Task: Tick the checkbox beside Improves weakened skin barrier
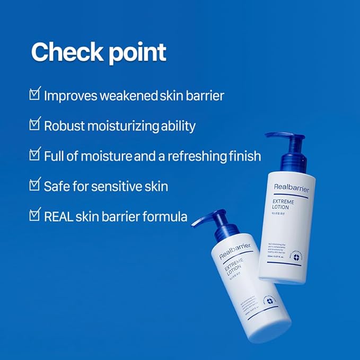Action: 35,95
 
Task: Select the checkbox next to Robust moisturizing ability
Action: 35,125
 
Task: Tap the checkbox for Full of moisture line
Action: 35,155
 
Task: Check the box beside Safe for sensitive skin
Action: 35,186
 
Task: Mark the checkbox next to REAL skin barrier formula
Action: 35,215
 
